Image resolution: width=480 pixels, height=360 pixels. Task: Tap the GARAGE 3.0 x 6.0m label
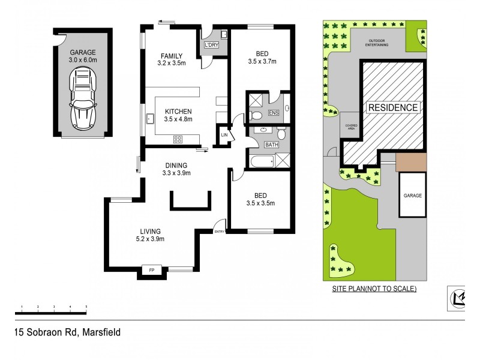click(83, 56)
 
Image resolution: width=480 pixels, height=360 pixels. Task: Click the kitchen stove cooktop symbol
click(178, 139)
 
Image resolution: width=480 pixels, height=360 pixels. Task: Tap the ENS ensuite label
click(274, 112)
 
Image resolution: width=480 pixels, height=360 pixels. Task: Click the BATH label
click(271, 145)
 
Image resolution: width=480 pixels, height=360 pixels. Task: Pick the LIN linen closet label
click(224, 136)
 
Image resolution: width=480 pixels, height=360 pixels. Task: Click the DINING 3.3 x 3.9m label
click(176, 169)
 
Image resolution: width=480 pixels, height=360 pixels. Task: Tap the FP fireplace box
click(151, 272)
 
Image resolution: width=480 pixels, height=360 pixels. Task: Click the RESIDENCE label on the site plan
click(393, 107)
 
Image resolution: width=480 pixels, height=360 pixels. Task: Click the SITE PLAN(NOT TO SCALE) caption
click(375, 289)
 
